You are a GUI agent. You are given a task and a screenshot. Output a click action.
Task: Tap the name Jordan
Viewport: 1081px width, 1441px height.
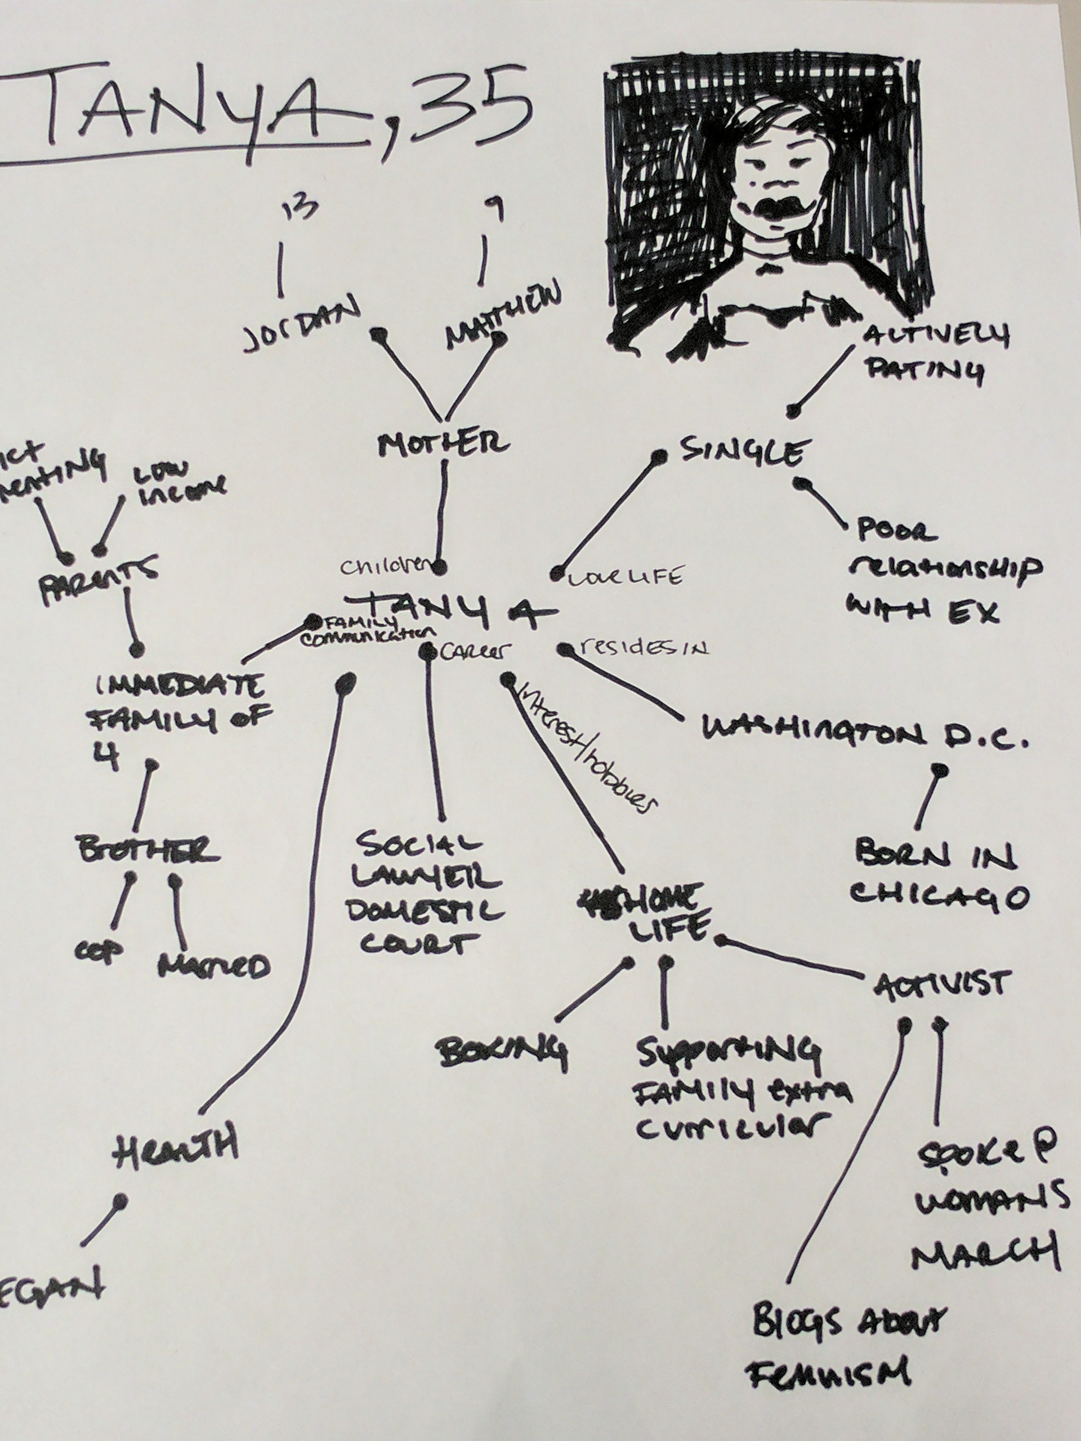(301, 326)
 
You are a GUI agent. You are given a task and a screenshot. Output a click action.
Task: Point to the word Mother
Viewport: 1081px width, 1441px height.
(443, 444)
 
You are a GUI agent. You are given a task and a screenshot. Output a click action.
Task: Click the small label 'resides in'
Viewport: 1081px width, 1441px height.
(642, 648)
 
